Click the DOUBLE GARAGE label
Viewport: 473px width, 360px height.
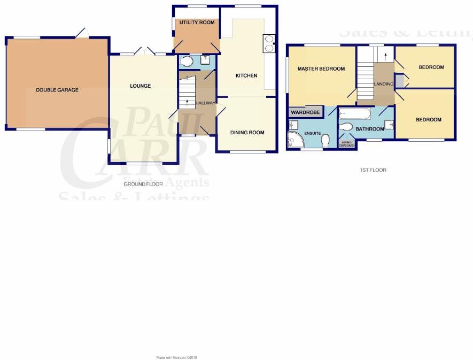57,90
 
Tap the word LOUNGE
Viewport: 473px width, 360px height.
140,86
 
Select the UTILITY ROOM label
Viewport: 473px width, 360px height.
197,22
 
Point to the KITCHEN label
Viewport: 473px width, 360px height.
246,75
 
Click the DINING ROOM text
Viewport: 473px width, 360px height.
247,132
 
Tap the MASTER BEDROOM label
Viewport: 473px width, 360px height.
321,68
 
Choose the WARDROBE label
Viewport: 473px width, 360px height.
305,112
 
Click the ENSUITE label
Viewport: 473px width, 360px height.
312,133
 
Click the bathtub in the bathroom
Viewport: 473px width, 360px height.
355,114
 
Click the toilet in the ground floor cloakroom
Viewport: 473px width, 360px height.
187,62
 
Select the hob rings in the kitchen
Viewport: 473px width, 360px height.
268,43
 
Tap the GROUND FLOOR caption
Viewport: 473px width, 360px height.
143,184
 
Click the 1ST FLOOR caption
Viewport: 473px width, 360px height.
373,170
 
